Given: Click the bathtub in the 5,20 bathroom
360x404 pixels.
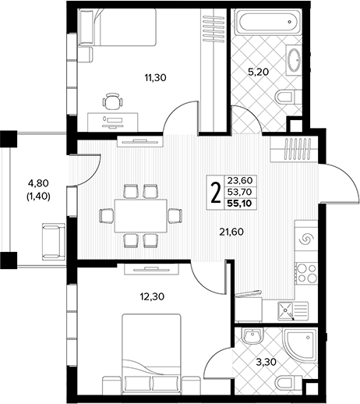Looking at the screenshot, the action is click(x=269, y=22).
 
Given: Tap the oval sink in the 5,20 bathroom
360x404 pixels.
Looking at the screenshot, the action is click(x=295, y=60).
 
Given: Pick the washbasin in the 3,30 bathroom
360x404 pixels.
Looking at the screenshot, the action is click(x=252, y=335).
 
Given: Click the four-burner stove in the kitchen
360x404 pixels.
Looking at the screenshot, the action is click(x=306, y=272).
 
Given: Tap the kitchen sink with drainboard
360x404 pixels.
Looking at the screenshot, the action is click(x=293, y=310).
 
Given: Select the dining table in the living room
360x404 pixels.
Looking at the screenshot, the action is click(x=141, y=215).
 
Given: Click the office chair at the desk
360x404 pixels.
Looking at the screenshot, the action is click(x=112, y=101).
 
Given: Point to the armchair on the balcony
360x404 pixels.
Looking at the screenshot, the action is click(x=53, y=242).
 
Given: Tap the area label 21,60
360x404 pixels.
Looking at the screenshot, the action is click(x=231, y=232).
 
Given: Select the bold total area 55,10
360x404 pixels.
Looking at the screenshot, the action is click(x=239, y=204).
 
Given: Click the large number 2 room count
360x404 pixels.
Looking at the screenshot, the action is click(x=215, y=193).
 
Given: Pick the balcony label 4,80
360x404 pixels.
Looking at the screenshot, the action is click(x=38, y=183).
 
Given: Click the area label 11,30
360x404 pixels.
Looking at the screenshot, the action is click(x=155, y=77).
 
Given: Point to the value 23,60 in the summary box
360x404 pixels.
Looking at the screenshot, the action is click(x=240, y=180).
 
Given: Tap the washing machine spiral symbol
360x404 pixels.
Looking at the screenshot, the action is click(x=306, y=239).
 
